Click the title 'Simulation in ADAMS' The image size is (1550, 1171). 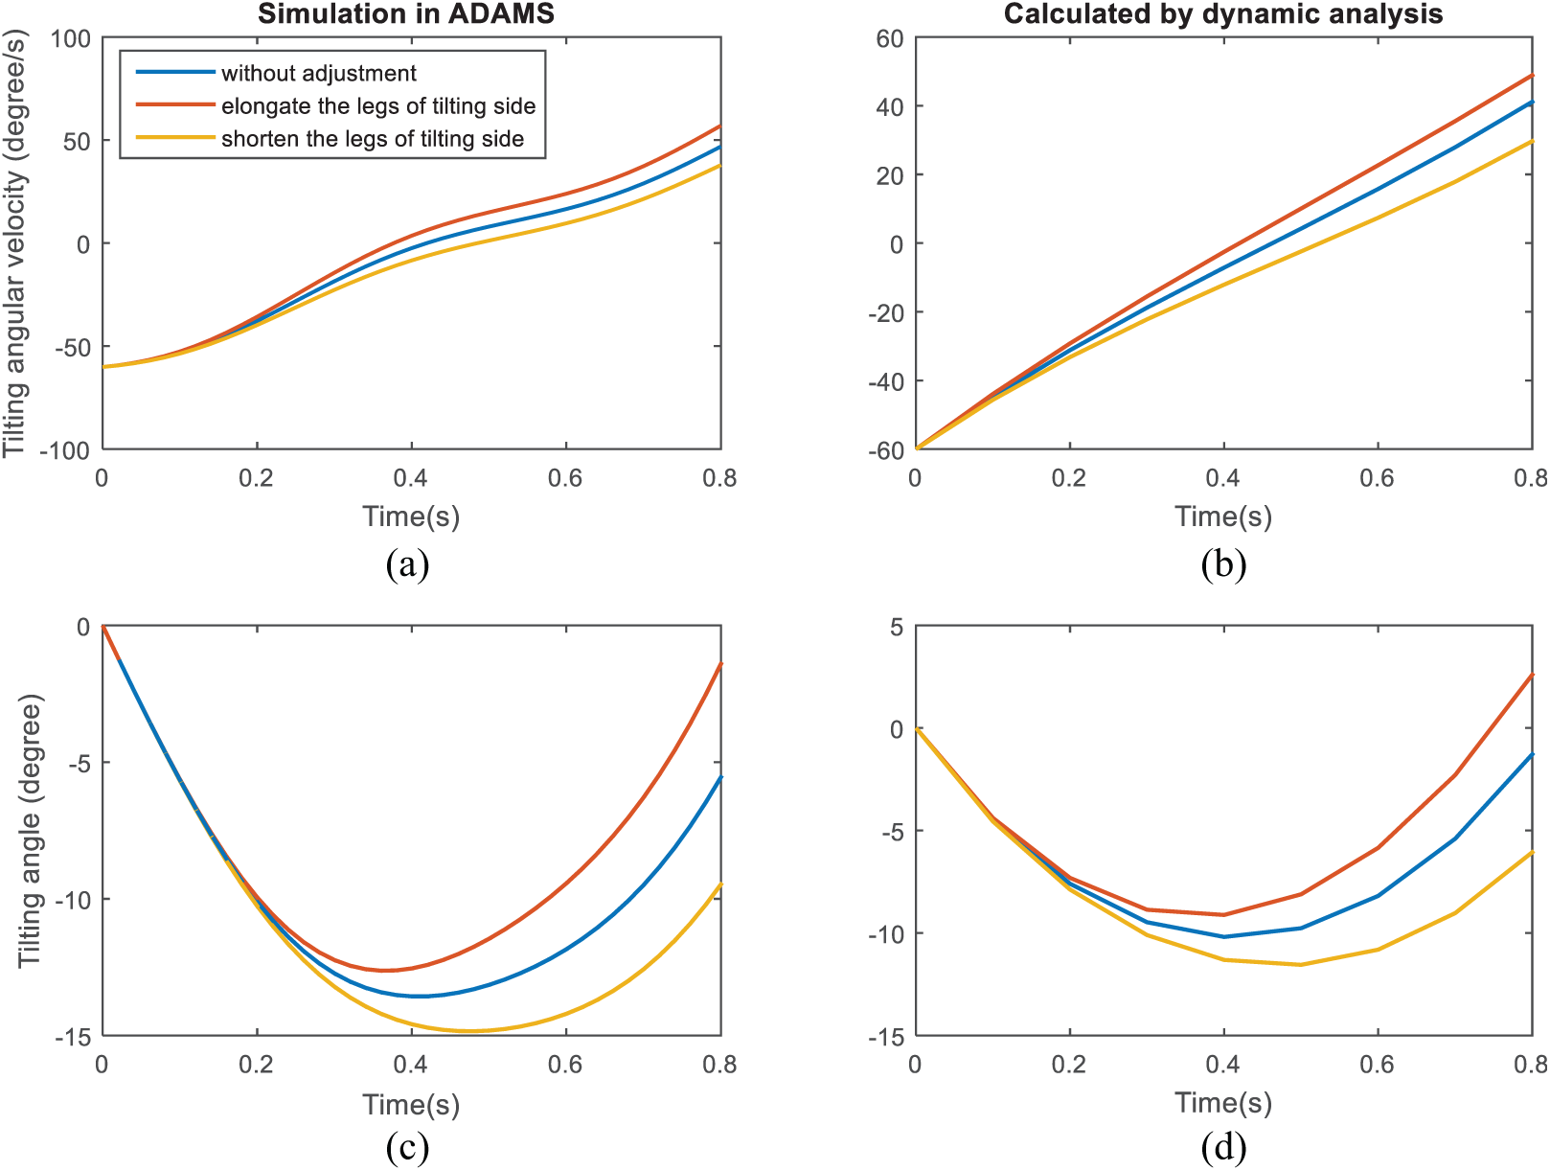coord(406,14)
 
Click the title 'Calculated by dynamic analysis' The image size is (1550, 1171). coord(1223,14)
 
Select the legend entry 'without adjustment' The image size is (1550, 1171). coord(318,73)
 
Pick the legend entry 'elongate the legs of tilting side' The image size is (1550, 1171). coord(378,105)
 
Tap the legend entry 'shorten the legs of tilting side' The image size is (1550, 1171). coord(373,138)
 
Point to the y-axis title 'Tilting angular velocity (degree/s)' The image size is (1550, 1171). coord(14,243)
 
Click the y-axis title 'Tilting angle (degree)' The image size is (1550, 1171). coord(30,831)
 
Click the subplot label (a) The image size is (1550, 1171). coord(407,565)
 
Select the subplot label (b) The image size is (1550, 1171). coord(1223,565)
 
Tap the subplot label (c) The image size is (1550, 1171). coord(407,1148)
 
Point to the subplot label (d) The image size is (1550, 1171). coord(1223,1148)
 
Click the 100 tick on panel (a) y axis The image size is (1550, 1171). coord(71,38)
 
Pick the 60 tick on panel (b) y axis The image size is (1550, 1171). coord(890,38)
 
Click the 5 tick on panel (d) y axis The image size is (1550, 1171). coord(897,627)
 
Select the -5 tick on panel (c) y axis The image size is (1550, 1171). coord(80,763)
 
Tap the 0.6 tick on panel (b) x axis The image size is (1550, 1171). coord(1377,478)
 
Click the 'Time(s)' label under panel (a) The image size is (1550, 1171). coord(411,517)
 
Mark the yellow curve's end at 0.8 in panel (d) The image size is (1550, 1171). coord(1532,853)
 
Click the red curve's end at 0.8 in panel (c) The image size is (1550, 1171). coord(721,663)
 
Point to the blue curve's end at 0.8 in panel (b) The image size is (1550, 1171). coord(1532,102)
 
